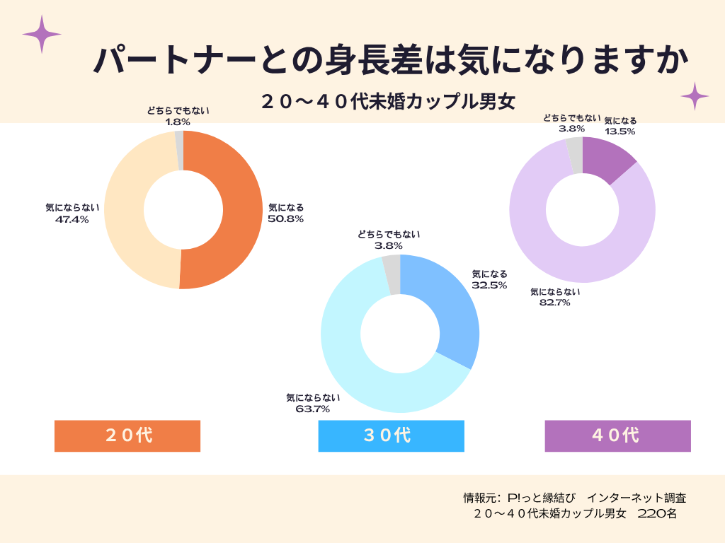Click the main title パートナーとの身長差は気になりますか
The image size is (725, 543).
tap(391, 62)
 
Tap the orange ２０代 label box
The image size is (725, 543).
tap(127, 436)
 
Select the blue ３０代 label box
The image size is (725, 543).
tap(391, 436)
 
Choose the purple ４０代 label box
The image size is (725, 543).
tap(617, 436)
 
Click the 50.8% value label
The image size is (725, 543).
tap(286, 219)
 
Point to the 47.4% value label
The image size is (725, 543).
tap(72, 220)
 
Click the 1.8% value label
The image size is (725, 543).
tap(178, 122)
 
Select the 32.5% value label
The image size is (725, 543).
tap(489, 285)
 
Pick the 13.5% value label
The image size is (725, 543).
tap(620, 131)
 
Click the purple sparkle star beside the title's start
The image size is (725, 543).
tap(41, 34)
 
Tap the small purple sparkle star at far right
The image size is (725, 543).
tap(695, 96)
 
